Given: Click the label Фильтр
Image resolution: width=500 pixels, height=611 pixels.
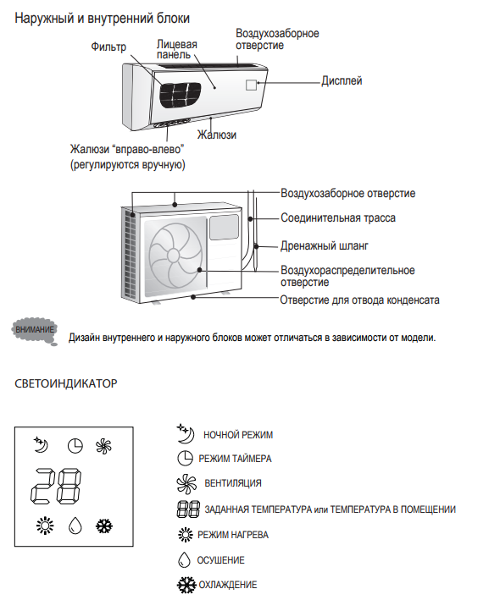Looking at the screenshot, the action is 108,47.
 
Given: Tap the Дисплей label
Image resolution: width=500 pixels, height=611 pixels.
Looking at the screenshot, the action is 342,80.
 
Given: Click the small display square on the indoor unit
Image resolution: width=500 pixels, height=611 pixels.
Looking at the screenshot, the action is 251,85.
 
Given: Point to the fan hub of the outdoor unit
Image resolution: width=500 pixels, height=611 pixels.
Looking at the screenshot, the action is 173,256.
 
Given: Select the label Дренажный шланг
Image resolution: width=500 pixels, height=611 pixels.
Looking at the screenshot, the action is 325,246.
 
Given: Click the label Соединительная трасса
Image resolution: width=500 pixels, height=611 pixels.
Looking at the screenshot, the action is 338,217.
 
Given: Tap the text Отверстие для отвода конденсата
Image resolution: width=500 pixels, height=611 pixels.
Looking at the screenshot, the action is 359,300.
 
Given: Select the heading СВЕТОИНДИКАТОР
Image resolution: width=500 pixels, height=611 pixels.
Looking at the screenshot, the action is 66,383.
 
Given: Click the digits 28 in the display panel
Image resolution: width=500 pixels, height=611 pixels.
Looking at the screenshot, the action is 56,486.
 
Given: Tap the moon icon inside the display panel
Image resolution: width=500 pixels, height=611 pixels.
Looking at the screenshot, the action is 41,444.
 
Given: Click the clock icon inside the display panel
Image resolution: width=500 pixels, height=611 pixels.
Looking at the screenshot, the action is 75,446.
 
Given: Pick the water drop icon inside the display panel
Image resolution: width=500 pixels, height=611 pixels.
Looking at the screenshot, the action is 75,526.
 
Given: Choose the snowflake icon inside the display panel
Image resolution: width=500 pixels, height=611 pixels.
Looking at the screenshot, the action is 104,526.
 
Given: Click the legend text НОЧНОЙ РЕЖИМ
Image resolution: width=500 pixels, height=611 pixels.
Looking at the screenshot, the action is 238,435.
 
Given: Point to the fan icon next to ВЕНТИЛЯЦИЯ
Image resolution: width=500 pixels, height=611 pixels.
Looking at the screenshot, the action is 186,483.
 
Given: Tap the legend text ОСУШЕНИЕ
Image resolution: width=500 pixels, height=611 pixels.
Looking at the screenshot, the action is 220,560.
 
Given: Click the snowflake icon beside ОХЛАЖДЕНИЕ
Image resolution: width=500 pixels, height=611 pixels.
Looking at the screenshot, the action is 186,585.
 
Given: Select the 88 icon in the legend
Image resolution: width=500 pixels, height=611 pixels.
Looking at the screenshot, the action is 188,509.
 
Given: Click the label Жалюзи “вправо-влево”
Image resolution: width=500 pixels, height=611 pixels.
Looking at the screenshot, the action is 127,149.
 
